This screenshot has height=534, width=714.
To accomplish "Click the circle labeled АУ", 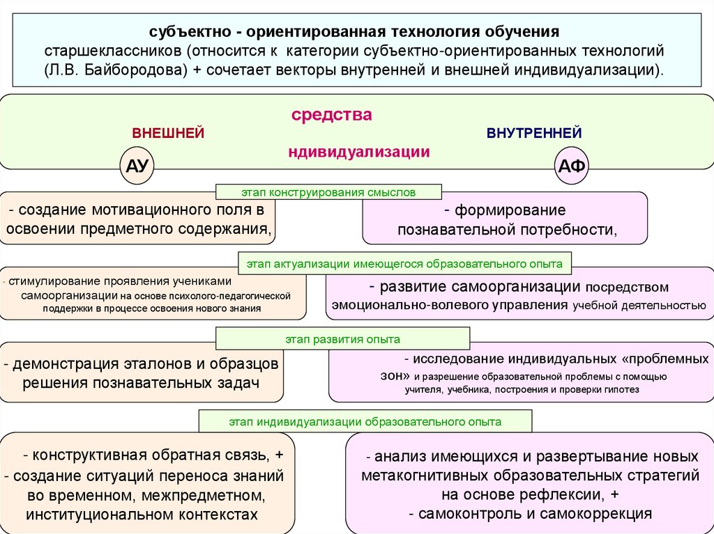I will [x=137, y=166].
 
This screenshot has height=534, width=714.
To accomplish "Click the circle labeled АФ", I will [x=573, y=166].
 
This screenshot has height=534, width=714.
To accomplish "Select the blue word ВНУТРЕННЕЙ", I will [x=534, y=133].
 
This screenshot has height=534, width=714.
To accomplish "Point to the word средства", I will [x=331, y=115].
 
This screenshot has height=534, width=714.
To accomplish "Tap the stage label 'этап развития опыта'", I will [x=342, y=339].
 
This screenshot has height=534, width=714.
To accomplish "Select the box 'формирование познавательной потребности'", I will [x=505, y=219].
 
